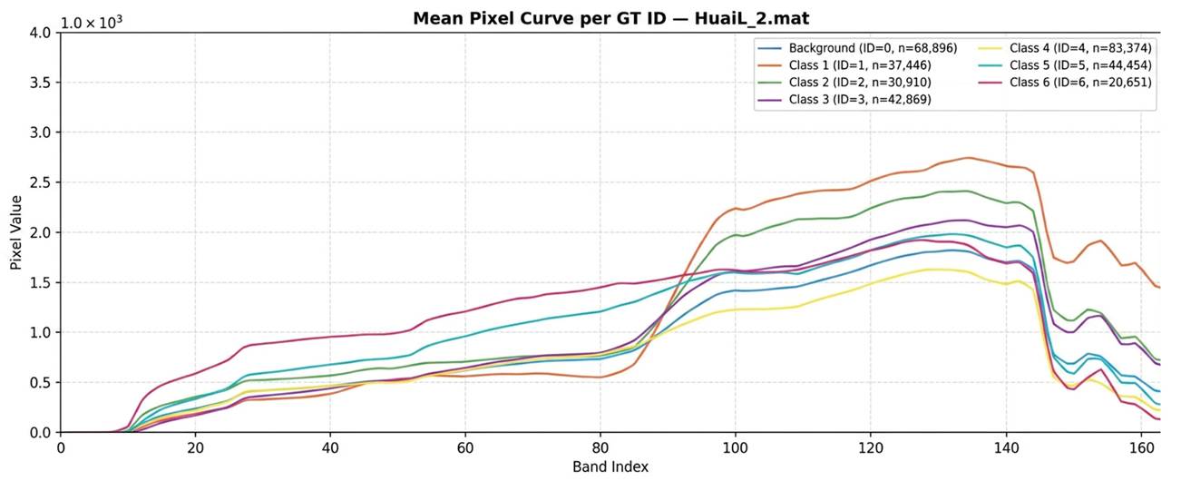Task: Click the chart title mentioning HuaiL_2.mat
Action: pyautogui.click(x=610, y=18)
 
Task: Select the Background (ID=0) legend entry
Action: pyautogui.click(x=857, y=48)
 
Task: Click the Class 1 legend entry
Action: pyautogui.click(x=844, y=65)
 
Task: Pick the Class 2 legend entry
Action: pyautogui.click(x=844, y=83)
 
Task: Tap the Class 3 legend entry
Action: pyautogui.click(x=844, y=100)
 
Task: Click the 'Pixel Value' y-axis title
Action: pyautogui.click(x=15, y=232)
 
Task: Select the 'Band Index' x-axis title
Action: pyautogui.click(x=610, y=466)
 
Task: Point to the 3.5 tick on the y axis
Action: pyautogui.click(x=41, y=83)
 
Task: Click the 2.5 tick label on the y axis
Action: pyautogui.click(x=41, y=182)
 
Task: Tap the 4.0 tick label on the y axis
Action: pyautogui.click(x=41, y=33)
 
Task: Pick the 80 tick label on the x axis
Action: pyautogui.click(x=600, y=447)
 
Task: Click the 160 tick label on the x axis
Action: pyautogui.click(x=1141, y=447)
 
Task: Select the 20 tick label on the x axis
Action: pyautogui.click(x=196, y=447)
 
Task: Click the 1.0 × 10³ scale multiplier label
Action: pyautogui.click(x=92, y=23)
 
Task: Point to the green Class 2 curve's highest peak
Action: pyautogui.click(x=966, y=191)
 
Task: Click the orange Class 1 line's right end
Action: pyautogui.click(x=1160, y=288)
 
